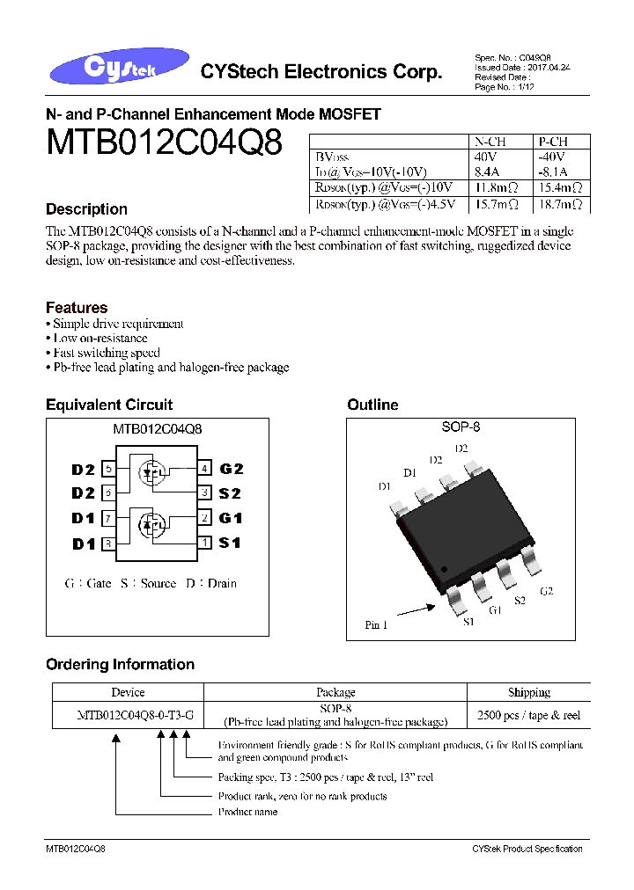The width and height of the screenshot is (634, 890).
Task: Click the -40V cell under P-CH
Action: point(551,157)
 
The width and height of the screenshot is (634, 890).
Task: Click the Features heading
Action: point(77,308)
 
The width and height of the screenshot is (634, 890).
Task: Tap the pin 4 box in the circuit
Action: point(204,469)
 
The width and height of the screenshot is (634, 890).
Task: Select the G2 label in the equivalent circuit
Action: point(232,469)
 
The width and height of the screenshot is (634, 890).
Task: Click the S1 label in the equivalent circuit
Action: point(230,543)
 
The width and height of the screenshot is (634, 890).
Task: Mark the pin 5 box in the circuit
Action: point(109,469)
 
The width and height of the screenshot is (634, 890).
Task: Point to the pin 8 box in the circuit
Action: point(109,543)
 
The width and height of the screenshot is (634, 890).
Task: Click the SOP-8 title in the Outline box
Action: point(461,427)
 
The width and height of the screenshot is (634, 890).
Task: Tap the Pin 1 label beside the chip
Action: point(376,625)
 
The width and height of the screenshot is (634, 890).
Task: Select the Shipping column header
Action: point(528,692)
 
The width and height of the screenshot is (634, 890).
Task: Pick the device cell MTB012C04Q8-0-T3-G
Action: point(128,715)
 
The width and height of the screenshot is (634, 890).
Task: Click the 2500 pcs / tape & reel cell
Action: point(528,715)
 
